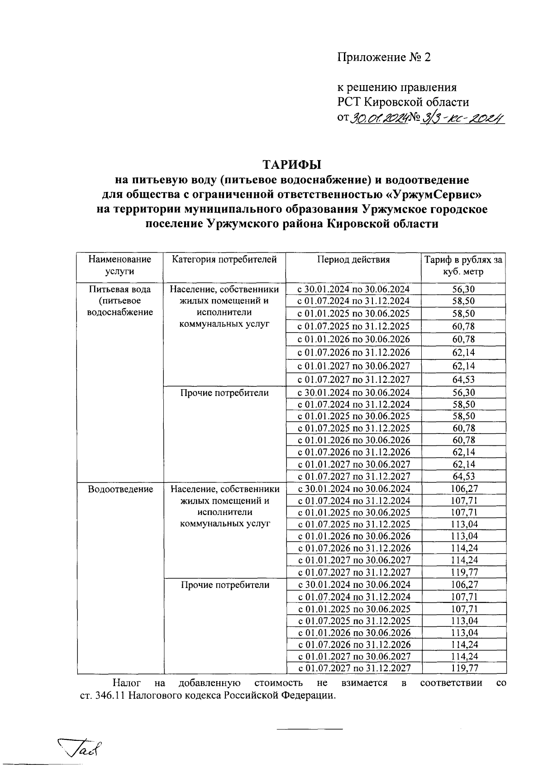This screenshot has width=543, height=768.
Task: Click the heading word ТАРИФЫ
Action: tap(292, 164)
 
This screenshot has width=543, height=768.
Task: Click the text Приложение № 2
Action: tap(384, 57)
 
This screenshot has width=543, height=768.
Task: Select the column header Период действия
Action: tap(353, 260)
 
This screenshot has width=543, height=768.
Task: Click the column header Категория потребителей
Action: tap(224, 260)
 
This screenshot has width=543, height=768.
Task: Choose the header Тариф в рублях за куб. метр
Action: tap(463, 266)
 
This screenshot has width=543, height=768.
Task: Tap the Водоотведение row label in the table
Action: tap(120, 489)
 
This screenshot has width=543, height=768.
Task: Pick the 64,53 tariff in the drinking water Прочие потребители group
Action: tap(463, 476)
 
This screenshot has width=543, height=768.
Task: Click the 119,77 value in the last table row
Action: tap(464, 668)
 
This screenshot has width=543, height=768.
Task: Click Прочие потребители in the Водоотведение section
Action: tap(225, 585)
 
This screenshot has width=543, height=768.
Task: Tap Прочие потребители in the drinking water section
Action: tap(224, 393)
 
